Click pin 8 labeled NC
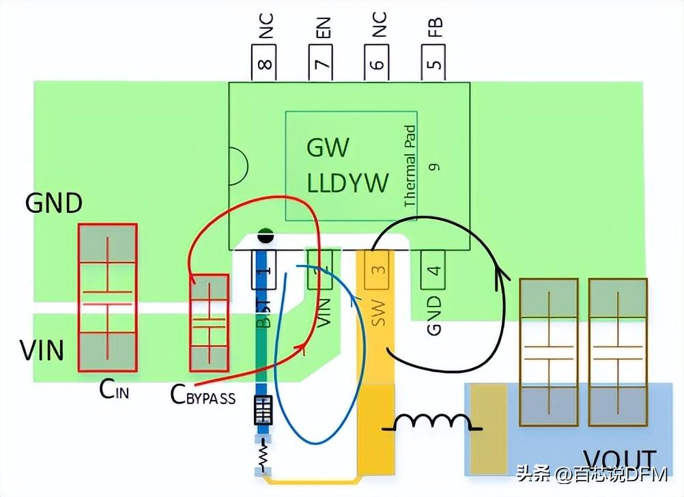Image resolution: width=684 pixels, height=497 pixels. [x=265, y=63]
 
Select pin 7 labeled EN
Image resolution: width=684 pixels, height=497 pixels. [x=322, y=63]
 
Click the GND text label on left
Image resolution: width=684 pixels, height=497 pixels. [x=54, y=203]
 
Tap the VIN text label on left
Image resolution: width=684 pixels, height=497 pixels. [x=42, y=350]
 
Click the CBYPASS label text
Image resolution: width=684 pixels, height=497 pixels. [x=203, y=395]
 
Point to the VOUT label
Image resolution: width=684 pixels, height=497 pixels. [x=618, y=460]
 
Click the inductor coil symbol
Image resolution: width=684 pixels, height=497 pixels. [x=433, y=423]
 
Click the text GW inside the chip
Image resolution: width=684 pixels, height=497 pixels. [x=328, y=147]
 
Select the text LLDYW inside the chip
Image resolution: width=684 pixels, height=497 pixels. [x=347, y=183]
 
